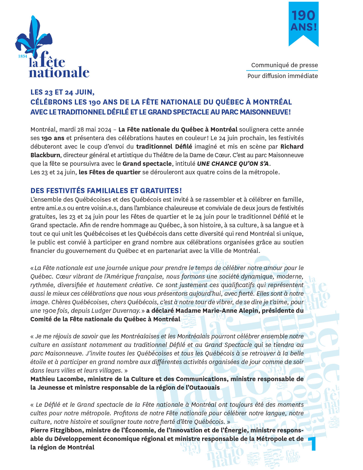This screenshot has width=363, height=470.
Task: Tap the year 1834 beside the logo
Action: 23,56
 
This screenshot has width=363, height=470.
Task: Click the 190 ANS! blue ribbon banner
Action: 303,23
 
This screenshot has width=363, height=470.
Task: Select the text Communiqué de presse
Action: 284,65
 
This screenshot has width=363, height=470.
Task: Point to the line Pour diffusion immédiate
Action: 282,76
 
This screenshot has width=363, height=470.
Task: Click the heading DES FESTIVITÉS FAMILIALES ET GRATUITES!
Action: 106,191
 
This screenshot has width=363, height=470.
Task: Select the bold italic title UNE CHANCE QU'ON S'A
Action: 233,164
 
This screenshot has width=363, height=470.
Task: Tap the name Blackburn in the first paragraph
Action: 45,155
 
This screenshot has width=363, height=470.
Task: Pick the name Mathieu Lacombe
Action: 57,379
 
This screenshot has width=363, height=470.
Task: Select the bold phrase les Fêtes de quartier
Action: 110,172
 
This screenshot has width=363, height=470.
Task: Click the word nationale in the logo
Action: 59,72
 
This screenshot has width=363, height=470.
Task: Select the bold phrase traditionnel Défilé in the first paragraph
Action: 164,147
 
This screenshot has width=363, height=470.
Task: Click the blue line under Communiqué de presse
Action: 282,70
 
